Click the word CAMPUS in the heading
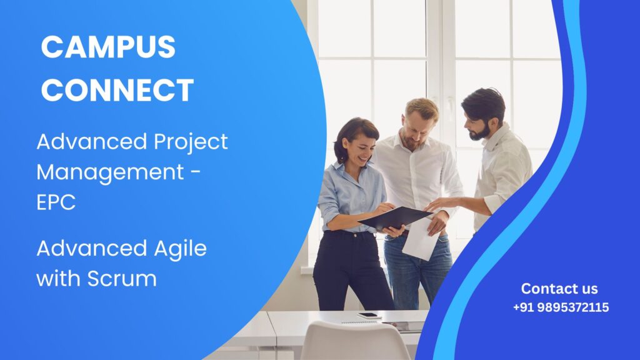[x=108, y=46]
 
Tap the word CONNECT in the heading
[x=117, y=90]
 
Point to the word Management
[x=110, y=172]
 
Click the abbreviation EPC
[x=56, y=202]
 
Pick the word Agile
[x=181, y=248]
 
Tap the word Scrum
[x=122, y=279]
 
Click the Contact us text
[x=559, y=289]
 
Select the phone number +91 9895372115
[x=561, y=307]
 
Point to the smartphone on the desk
[x=369, y=316]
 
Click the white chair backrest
[x=354, y=341]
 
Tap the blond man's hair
[x=421, y=107]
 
